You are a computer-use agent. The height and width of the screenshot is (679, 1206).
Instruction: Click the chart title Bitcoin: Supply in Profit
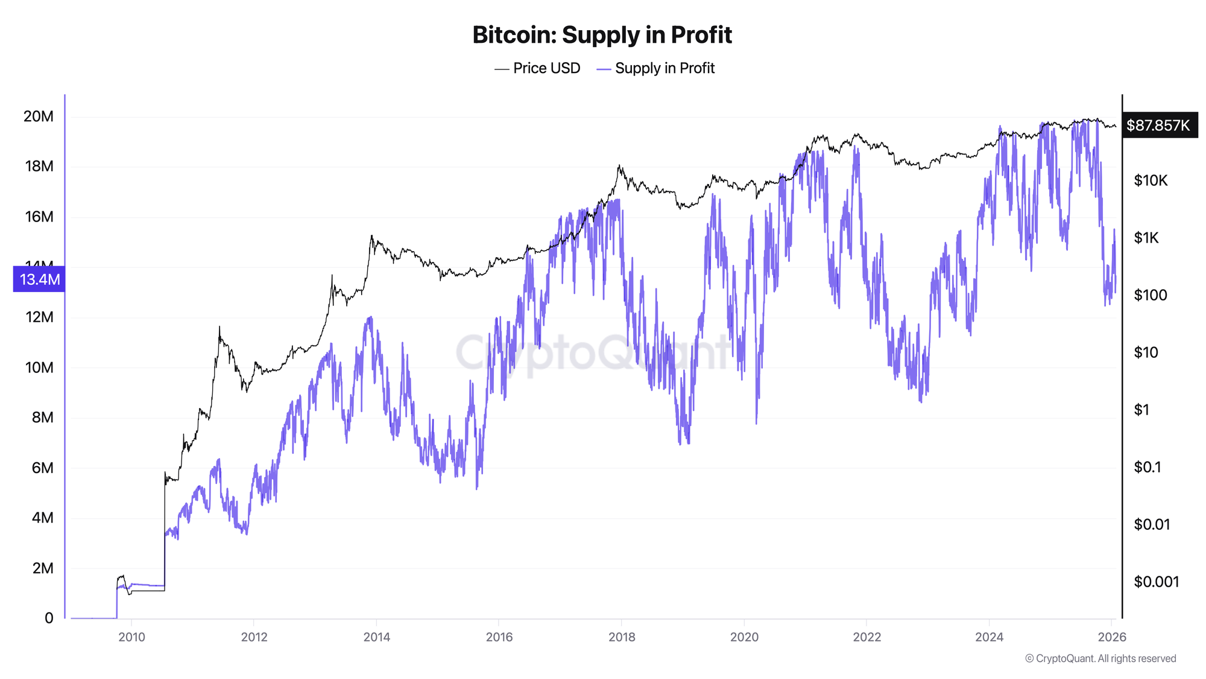coord(602,35)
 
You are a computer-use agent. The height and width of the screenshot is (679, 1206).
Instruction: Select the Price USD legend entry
coord(537,68)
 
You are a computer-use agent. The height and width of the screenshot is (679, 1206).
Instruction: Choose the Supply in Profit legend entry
coord(655,68)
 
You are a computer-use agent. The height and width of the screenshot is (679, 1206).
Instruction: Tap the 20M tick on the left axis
coord(39,116)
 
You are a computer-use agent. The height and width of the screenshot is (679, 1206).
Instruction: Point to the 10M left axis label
coord(39,368)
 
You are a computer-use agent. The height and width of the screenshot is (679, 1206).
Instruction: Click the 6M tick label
coord(42,468)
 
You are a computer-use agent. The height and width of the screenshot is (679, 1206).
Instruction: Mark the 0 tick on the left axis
coord(49,618)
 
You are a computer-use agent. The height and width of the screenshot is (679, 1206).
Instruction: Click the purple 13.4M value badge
coord(39,279)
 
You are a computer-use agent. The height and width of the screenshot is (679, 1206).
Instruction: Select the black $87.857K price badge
coord(1159,126)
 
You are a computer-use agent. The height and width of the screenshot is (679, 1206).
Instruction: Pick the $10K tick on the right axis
coord(1151,180)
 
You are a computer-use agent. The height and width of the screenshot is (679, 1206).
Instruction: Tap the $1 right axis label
coord(1141,410)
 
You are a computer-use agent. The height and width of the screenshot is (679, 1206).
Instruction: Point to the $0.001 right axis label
coord(1156,582)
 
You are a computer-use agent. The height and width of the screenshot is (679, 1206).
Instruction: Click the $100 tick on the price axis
coord(1151,295)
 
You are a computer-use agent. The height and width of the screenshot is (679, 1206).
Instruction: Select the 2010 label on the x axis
coord(131,637)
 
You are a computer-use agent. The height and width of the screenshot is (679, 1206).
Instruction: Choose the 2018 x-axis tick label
coord(622,637)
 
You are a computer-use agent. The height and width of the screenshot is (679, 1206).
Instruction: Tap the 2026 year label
coord(1112,637)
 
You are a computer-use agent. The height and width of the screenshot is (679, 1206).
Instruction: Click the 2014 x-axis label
coord(376,637)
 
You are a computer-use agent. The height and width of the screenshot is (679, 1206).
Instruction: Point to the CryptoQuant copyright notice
coord(1100,658)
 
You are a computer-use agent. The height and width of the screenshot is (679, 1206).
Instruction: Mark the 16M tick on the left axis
coord(39,217)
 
